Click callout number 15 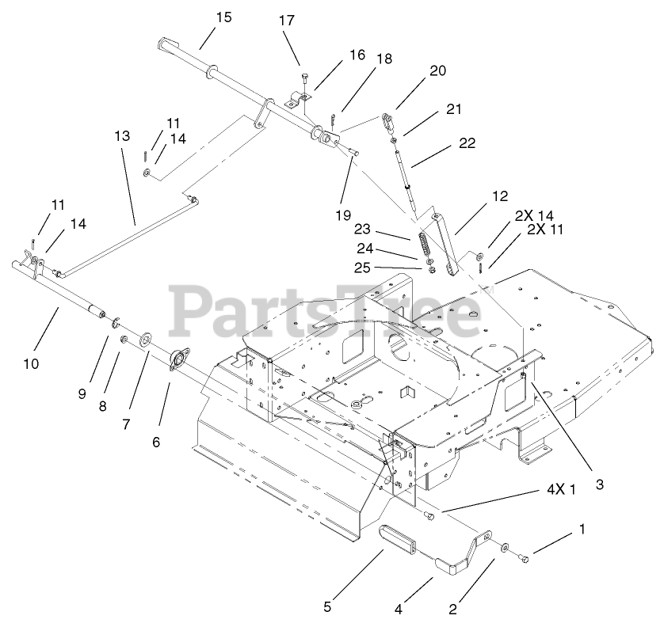click(x=223, y=17)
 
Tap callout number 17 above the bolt click(x=286, y=21)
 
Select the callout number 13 click(x=121, y=136)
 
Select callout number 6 click(x=156, y=442)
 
